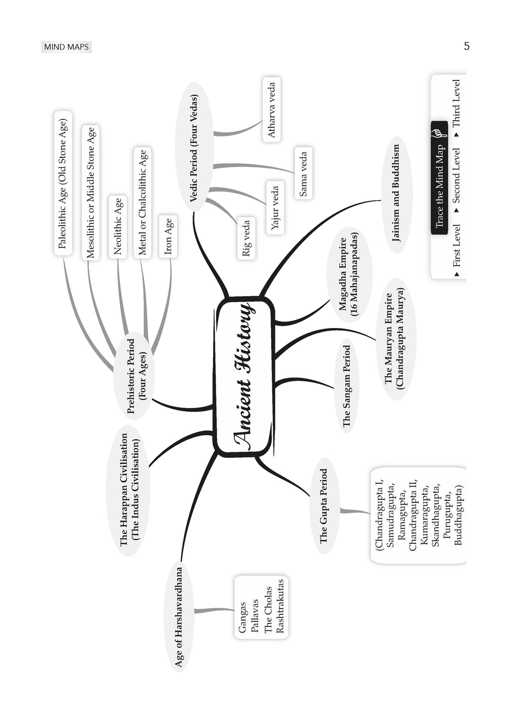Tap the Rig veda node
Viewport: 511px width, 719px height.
pos(247,238)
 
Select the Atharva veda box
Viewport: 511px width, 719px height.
pos(271,110)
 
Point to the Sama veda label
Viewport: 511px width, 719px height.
pos(303,173)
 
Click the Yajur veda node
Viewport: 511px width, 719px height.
pos(275,208)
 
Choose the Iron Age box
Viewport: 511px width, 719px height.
pos(168,236)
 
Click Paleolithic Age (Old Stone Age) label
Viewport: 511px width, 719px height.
pos(62,183)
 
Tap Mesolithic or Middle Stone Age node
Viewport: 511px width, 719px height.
pos(90,193)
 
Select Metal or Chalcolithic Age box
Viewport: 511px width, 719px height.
pos(143,202)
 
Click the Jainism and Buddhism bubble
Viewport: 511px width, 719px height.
pos(396,193)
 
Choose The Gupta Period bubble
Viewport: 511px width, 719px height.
pos(324,506)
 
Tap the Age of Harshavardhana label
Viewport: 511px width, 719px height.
pos(179,617)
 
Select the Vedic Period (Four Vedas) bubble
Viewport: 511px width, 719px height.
pos(194,148)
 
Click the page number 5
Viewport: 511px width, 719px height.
pos(467,46)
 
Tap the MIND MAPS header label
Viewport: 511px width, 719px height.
pos(66,47)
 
